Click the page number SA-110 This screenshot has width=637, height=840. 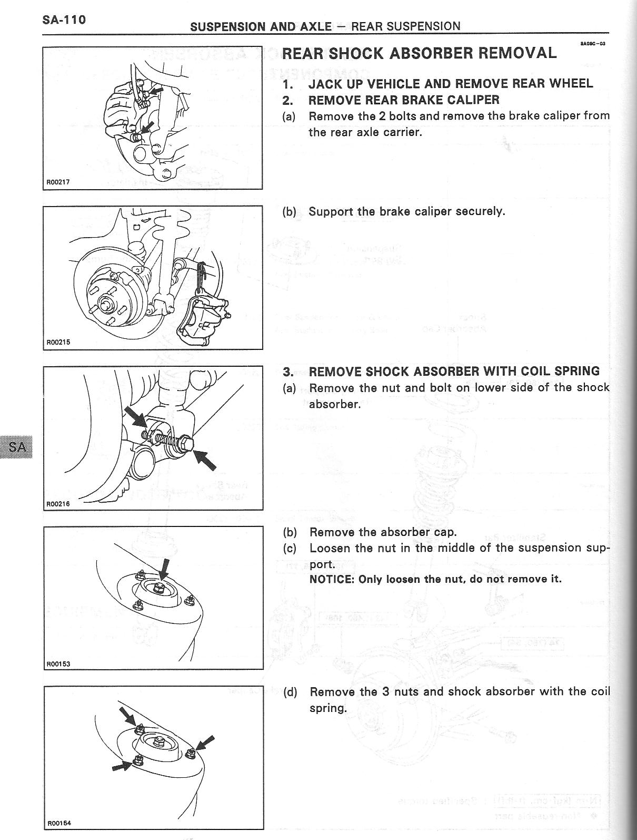click(64, 19)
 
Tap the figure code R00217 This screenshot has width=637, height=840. click(58, 182)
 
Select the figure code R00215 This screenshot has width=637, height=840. click(58, 342)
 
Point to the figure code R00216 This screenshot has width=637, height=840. click(58, 504)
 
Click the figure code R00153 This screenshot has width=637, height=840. click(58, 664)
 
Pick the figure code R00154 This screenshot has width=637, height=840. click(59, 823)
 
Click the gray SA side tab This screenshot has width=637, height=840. click(16, 447)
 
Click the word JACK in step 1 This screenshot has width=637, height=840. click(326, 83)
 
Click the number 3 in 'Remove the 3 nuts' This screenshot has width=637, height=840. click(386, 691)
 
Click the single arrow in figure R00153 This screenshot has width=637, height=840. click(164, 570)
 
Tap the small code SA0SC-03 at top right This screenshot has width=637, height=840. click(592, 44)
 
